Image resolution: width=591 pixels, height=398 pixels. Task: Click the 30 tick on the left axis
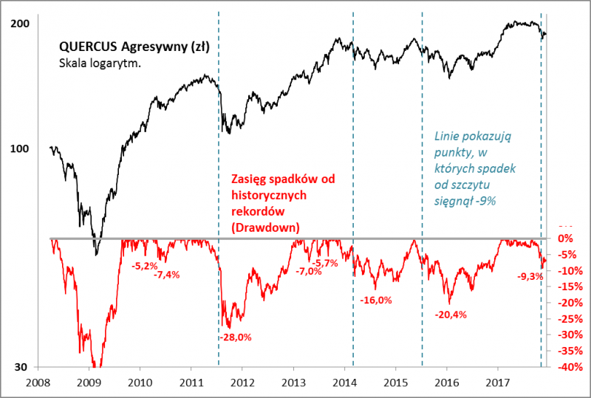pyautogui.click(x=23, y=367)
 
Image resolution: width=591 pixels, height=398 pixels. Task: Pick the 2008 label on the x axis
pyautogui.click(x=38, y=383)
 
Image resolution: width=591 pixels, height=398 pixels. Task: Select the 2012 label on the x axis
pyautogui.click(x=243, y=383)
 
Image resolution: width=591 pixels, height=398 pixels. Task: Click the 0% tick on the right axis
pyautogui.click(x=565, y=239)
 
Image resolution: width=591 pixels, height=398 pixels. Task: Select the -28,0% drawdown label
pyautogui.click(x=236, y=337)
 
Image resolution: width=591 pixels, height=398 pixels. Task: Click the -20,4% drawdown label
pyautogui.click(x=451, y=315)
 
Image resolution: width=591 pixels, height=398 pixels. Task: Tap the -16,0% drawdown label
pyautogui.click(x=376, y=300)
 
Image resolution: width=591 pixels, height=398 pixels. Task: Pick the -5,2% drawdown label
pyautogui.click(x=143, y=264)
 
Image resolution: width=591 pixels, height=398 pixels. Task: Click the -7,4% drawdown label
pyautogui.click(x=167, y=275)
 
